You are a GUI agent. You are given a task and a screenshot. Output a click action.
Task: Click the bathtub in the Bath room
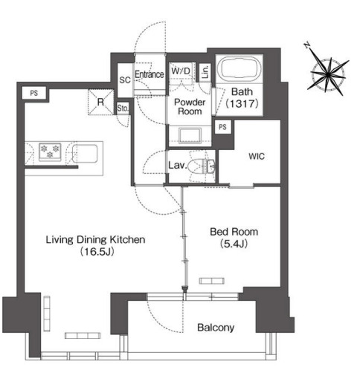240,68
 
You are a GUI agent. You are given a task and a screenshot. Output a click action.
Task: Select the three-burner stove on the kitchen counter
50,152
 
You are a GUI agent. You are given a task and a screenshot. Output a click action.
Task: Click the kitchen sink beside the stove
85,154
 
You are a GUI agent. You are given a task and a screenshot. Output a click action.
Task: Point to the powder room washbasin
190,136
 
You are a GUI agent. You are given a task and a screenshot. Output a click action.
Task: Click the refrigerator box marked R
101,102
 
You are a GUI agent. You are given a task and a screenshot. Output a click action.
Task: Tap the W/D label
181,71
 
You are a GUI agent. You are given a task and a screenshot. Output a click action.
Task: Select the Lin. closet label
205,72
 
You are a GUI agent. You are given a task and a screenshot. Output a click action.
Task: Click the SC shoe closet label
125,80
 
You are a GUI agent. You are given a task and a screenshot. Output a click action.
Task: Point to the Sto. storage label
123,108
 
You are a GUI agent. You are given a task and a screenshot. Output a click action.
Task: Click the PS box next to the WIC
222,127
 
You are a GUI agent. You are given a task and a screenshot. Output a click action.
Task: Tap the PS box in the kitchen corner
34,93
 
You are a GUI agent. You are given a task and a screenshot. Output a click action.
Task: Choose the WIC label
257,156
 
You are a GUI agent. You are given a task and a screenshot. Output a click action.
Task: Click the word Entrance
150,74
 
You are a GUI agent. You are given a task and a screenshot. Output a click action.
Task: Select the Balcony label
216,328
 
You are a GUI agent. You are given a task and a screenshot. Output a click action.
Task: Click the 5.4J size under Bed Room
234,244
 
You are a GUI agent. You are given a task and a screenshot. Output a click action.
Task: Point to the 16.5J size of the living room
97,252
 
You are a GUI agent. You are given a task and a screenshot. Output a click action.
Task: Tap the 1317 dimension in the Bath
242,103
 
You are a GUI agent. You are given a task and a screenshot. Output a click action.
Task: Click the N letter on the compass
308,45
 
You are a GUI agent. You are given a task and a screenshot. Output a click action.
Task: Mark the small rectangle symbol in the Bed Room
212,281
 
